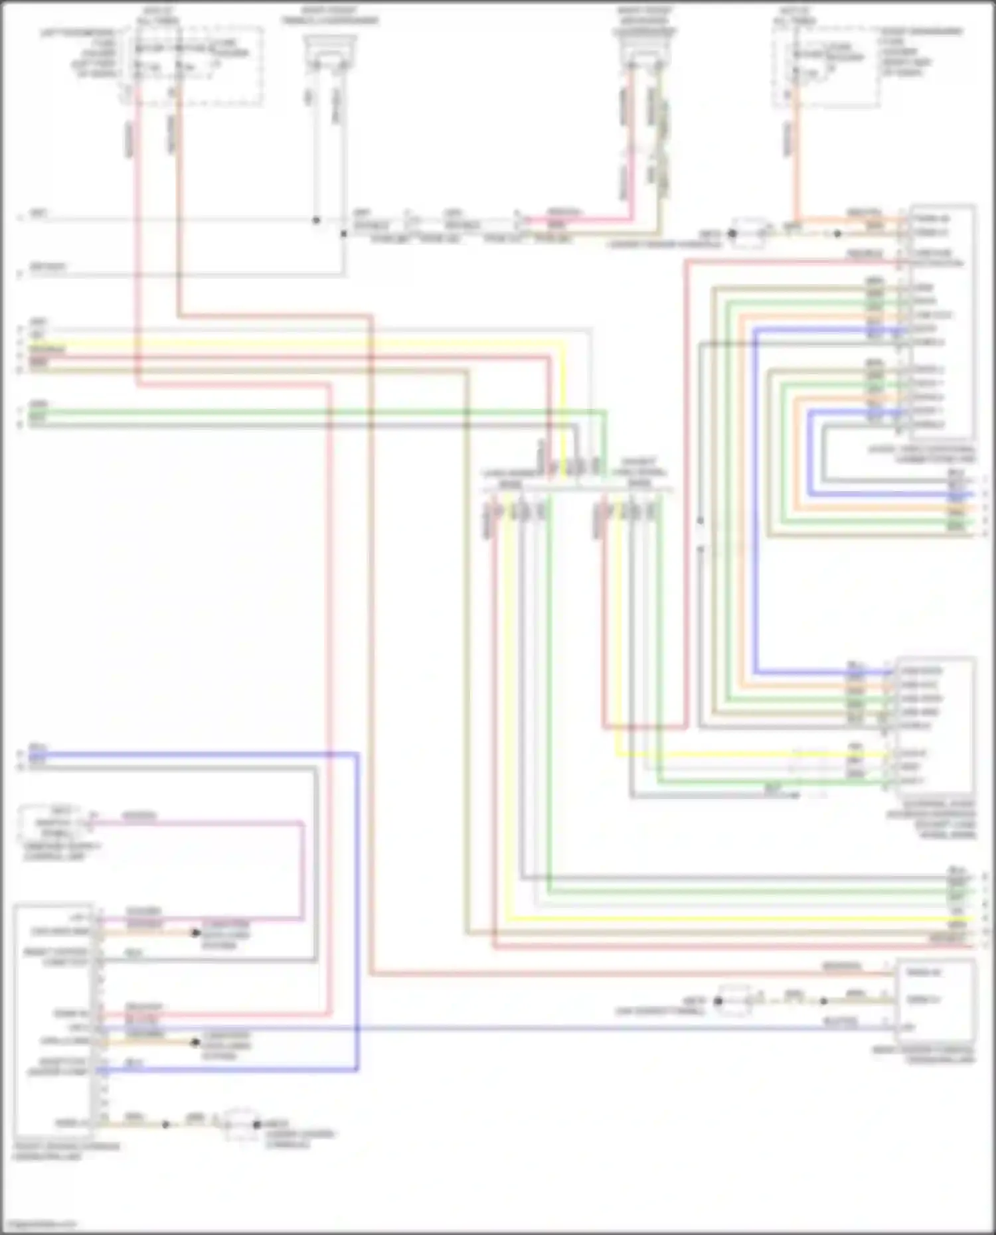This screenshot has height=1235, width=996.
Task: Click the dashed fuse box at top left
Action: coord(193,65)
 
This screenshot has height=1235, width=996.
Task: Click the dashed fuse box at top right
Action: coord(826,66)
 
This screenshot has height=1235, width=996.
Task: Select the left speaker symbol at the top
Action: coord(329,51)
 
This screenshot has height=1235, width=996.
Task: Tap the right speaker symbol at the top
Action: coord(644,51)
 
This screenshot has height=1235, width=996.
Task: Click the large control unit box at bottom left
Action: coord(53,1022)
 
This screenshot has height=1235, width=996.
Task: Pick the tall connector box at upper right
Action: coord(942,322)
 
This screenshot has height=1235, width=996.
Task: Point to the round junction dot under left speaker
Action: coord(316,220)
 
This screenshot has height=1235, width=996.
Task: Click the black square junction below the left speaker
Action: coord(343,234)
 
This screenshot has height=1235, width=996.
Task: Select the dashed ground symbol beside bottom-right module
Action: coord(734,1001)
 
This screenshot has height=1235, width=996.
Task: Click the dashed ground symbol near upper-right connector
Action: coord(749,234)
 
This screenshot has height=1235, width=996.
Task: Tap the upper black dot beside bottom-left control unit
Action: coord(195,933)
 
